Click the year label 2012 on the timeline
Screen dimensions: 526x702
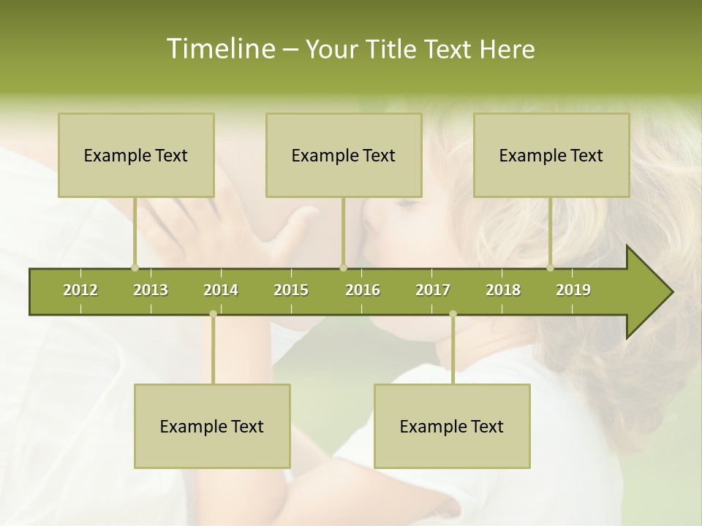[80, 290]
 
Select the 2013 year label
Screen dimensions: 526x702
[151, 290]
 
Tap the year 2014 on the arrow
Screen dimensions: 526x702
[221, 290]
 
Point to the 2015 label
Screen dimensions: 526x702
[291, 290]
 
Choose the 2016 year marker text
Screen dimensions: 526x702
[363, 290]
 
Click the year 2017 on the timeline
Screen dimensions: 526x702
[433, 290]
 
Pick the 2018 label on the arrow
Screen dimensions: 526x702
[503, 290]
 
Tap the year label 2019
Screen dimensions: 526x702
[573, 290]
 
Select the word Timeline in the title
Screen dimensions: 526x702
[219, 49]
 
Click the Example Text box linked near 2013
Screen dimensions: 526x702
[136, 155]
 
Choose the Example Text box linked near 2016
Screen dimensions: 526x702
[344, 155]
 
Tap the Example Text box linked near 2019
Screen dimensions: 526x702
[551, 155]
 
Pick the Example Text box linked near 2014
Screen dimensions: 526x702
[212, 426]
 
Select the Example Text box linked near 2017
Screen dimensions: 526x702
[452, 426]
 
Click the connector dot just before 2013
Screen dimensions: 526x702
[135, 267]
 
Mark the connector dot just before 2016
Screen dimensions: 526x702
[343, 267]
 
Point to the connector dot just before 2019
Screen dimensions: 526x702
[551, 267]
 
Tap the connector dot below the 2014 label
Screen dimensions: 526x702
[213, 314]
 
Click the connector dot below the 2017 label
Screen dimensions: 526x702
[453, 314]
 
